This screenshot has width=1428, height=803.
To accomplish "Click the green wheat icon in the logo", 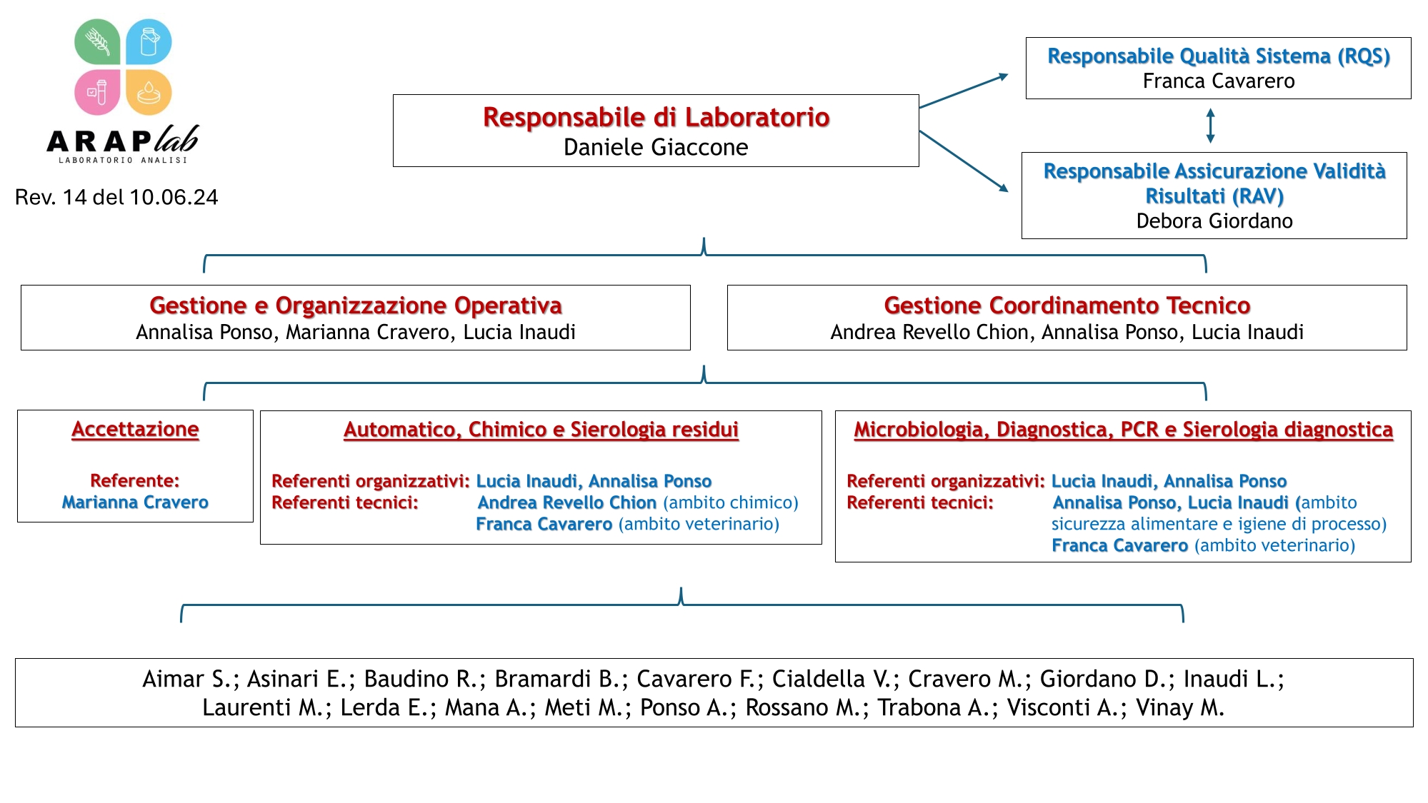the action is pos(98,42).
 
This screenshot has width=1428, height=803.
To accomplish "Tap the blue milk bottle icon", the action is pos(149,42).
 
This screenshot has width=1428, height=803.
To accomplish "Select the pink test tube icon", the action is pos(98,92).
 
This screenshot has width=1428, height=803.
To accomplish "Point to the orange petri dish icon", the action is pos(149,92).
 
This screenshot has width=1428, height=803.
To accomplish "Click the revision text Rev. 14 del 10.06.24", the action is pos(116,197).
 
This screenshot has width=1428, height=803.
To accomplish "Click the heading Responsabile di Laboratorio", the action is pos(656,117).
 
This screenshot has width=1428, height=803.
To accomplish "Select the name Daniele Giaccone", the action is pos(656,147).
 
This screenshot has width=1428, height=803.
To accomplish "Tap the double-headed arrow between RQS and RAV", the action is pos(1210,126).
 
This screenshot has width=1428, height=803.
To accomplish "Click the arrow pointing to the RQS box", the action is pos(964,91).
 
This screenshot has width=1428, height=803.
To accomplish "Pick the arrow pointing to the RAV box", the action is pos(964,161).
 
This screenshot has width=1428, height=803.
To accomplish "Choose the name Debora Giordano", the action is pos(1214,221).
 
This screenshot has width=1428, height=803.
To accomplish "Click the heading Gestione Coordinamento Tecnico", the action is pos(1067,305).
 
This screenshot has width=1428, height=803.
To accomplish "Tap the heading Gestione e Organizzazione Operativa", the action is pos(356,305).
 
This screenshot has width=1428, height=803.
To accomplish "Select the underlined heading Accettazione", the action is pos(135,429).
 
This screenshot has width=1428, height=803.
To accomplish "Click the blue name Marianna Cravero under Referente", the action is pos(135,502).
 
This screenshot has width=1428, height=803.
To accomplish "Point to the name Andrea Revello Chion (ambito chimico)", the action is pos(638,502).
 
